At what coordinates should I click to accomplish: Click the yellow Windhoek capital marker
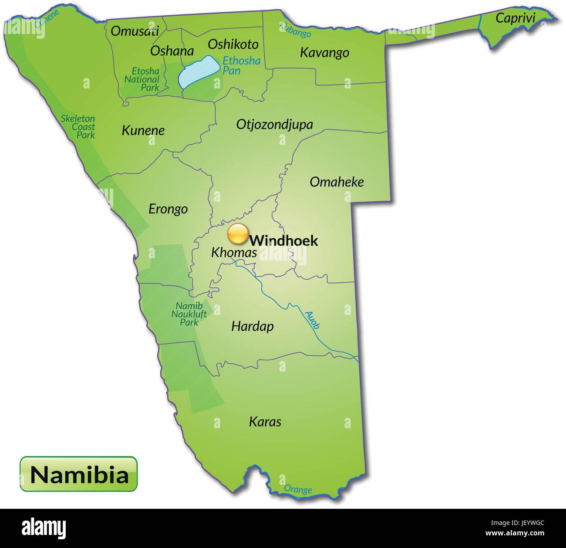click(x=238, y=234)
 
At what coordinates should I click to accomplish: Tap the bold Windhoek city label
click(x=284, y=240)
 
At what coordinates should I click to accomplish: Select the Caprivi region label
click(x=515, y=18)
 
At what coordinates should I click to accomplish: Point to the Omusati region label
click(x=135, y=31)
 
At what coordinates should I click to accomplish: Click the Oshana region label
click(x=172, y=51)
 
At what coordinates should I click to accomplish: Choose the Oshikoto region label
click(x=233, y=44)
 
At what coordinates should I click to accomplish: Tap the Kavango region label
click(x=324, y=53)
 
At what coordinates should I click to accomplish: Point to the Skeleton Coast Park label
click(x=78, y=127)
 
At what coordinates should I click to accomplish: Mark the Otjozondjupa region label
click(x=274, y=125)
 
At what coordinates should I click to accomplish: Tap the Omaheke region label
click(x=336, y=182)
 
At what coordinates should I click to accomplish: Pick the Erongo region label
click(x=168, y=209)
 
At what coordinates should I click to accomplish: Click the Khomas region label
click(x=234, y=252)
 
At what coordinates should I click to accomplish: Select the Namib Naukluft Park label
click(x=189, y=314)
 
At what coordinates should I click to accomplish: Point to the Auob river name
click(x=313, y=320)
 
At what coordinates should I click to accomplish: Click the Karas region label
click(x=265, y=422)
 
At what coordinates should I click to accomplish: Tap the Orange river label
click(x=298, y=489)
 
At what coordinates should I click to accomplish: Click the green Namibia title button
click(x=79, y=474)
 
